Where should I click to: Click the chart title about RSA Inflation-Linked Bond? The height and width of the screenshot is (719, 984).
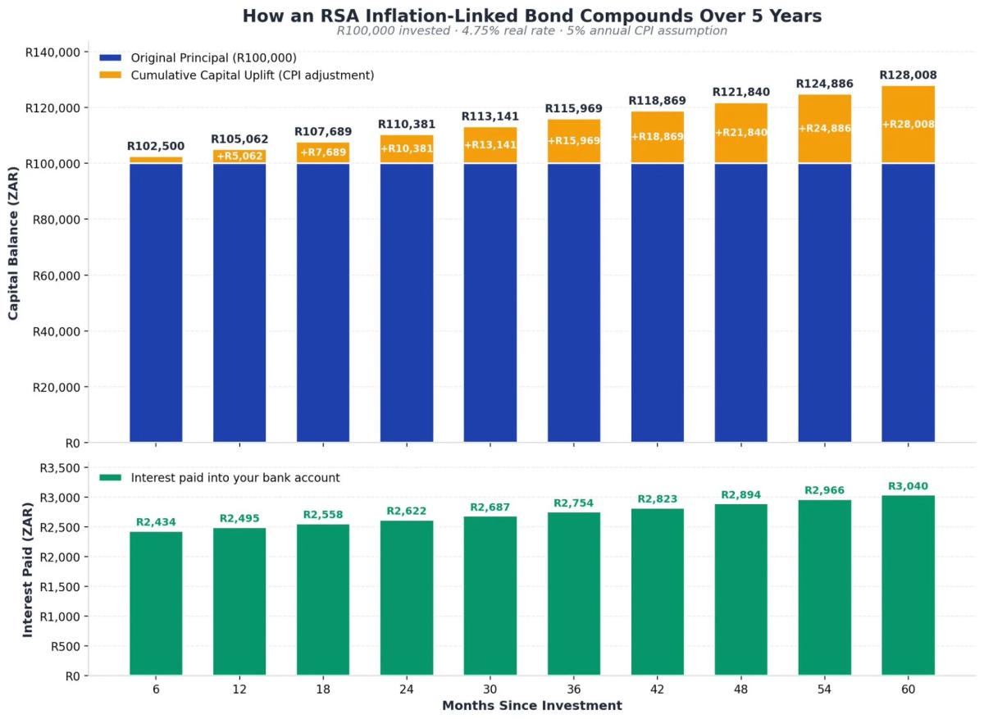pyautogui.click(x=531, y=16)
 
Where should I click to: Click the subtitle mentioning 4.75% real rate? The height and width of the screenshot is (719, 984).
pyautogui.click(x=531, y=31)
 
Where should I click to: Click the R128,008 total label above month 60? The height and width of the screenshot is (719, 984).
pyautogui.click(x=908, y=75)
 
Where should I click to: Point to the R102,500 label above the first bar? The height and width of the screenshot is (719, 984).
pyautogui.click(x=156, y=147)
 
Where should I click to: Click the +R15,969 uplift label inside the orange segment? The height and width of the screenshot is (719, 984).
pyautogui.click(x=574, y=141)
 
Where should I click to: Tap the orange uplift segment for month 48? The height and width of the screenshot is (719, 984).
pyautogui.click(x=740, y=133)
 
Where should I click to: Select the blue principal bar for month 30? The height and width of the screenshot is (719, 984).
pyautogui.click(x=490, y=303)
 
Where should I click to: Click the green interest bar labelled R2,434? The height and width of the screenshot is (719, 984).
pyautogui.click(x=156, y=603)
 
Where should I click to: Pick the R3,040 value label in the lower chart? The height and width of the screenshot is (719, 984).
pyautogui.click(x=908, y=486)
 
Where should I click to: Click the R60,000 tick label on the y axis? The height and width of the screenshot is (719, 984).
pyautogui.click(x=56, y=275)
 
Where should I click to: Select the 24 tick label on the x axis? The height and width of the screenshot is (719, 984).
pyautogui.click(x=407, y=690)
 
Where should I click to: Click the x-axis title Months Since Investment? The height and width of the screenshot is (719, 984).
pyautogui.click(x=531, y=706)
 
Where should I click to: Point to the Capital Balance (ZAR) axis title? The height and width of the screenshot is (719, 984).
pyautogui.click(x=14, y=247)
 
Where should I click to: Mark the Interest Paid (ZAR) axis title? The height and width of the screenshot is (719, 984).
pyautogui.click(x=27, y=571)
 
